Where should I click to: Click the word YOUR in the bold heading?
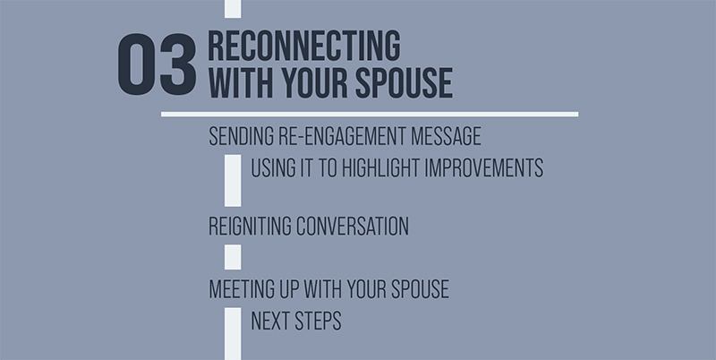coord(310,82)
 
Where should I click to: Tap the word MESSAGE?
coord(450,137)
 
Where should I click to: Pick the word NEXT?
coord(270,321)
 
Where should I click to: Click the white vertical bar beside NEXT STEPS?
coord(233,331)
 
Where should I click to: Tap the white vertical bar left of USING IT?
coord(233,179)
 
